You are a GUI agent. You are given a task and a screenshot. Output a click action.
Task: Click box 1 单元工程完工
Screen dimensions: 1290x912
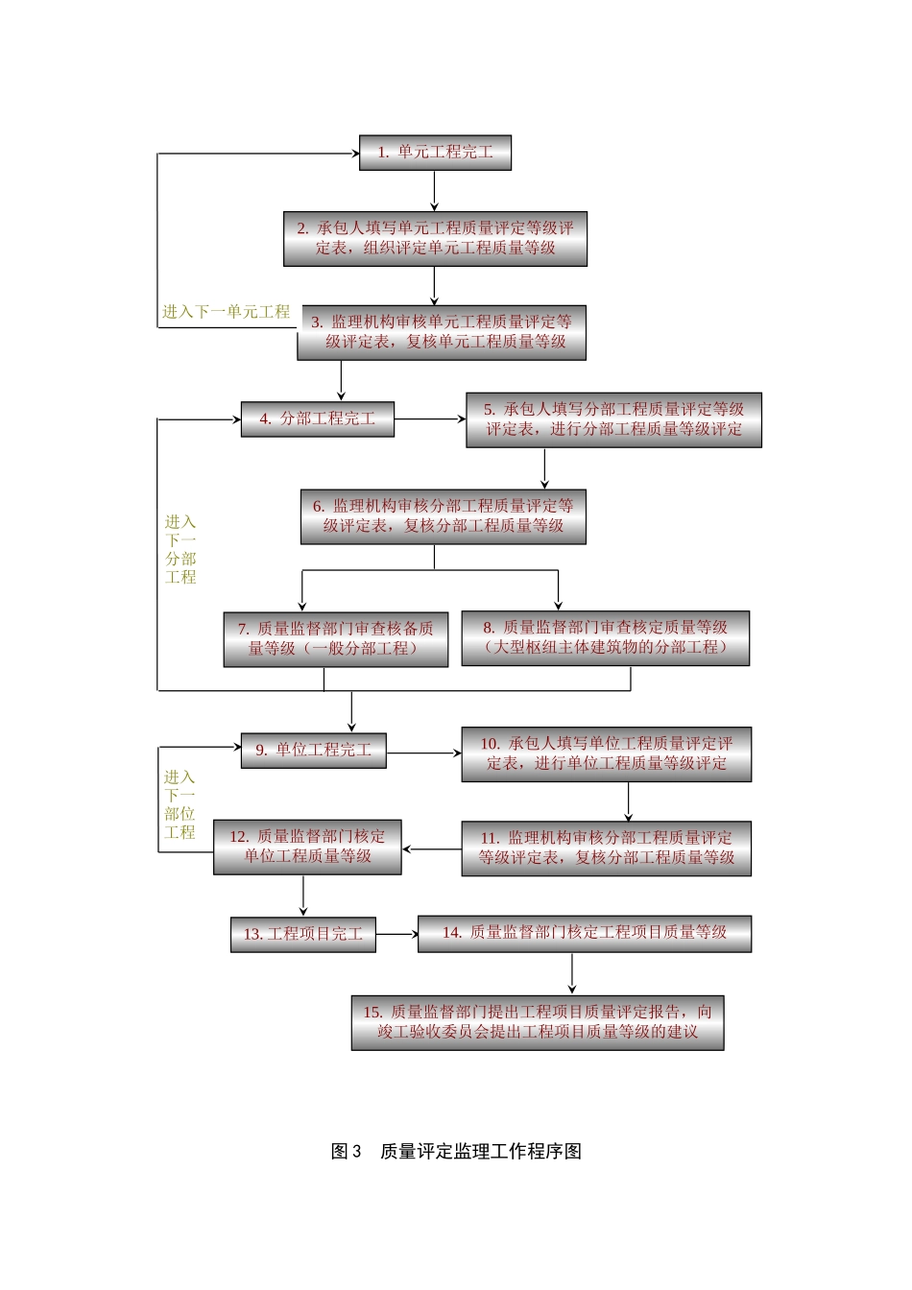(x=435, y=153)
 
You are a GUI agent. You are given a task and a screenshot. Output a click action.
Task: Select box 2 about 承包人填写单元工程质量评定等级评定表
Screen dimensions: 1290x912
(x=435, y=239)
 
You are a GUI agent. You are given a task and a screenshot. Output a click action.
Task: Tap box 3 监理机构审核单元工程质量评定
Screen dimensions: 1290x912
(x=442, y=332)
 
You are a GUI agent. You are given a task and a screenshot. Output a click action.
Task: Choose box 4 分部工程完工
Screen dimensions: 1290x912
(x=318, y=419)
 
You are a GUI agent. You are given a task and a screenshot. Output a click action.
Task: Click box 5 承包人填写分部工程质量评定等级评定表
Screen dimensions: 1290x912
(x=613, y=419)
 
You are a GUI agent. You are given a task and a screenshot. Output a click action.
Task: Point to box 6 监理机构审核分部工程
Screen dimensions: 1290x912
(x=443, y=516)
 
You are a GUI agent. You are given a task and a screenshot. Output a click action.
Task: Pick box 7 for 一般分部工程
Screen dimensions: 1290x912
(x=336, y=639)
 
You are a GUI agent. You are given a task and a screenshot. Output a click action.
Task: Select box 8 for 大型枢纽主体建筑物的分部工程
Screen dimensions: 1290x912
(x=605, y=638)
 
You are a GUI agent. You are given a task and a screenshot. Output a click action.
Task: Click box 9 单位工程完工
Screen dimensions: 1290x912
(x=314, y=751)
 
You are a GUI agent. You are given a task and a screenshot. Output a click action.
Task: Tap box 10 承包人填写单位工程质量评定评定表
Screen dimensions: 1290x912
(x=606, y=753)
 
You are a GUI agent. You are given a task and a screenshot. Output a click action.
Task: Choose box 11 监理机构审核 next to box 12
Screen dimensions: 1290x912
(x=606, y=848)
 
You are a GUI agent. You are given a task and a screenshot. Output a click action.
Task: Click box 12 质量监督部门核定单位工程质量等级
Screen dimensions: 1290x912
(x=307, y=847)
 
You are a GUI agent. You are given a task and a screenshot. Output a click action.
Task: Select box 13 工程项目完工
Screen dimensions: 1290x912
(x=302, y=934)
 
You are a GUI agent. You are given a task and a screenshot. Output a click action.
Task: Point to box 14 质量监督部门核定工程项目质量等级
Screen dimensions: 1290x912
(x=584, y=933)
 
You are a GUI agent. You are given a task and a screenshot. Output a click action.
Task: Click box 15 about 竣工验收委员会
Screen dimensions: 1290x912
(x=538, y=1022)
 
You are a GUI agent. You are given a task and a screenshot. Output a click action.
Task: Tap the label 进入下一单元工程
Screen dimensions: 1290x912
(x=226, y=312)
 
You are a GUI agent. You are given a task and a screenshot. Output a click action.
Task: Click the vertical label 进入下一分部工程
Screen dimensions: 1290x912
(x=180, y=549)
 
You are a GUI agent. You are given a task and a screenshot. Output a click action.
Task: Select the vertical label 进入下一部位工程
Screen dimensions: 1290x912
(x=180, y=804)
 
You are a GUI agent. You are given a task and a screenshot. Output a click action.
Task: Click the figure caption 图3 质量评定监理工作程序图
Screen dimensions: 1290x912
(x=456, y=1152)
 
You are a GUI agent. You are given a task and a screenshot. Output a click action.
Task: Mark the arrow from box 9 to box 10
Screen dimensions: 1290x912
(x=423, y=753)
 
